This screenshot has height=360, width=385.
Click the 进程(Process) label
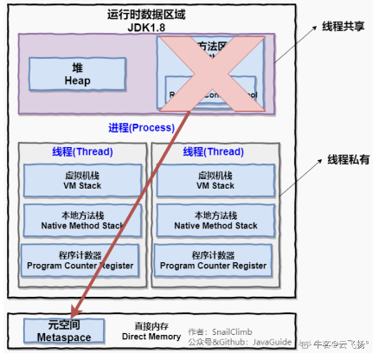point(142,128)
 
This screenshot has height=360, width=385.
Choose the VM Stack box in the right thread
point(210,180)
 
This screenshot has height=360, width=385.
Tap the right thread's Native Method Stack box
point(210,220)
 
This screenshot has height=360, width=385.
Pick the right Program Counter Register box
point(210,260)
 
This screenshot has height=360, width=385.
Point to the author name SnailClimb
point(236,331)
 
